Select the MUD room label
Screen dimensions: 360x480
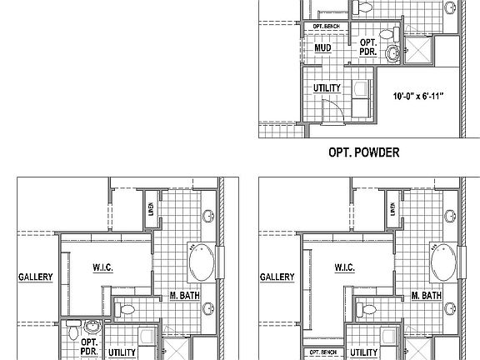(324, 48)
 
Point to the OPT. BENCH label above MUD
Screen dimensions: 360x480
(325, 27)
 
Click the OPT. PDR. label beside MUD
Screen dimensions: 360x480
(367, 47)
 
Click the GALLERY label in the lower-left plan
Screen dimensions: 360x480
(35, 277)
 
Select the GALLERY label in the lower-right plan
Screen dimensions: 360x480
(277, 277)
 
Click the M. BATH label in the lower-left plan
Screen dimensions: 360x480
(183, 296)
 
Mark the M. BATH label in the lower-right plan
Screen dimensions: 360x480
(427, 296)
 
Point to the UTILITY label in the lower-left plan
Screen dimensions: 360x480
(122, 352)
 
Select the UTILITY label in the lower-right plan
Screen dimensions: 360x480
(364, 352)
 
